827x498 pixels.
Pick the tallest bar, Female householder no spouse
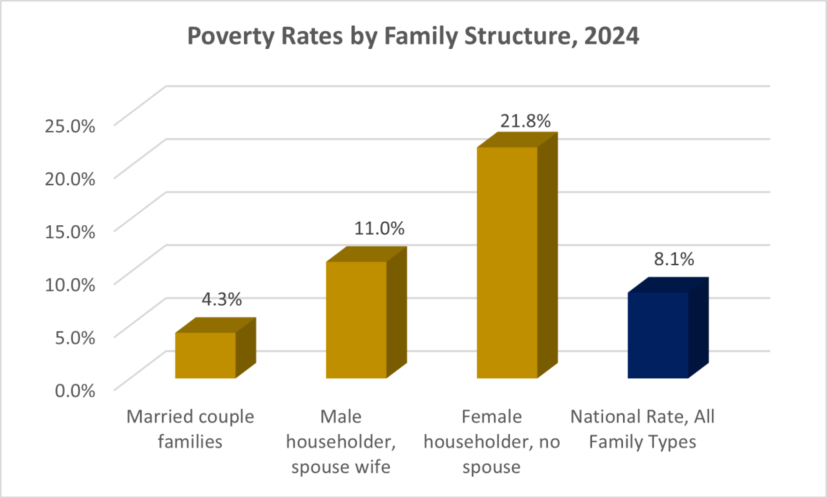pyautogui.click(x=507, y=262)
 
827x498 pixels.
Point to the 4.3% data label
pyautogui.click(x=221, y=300)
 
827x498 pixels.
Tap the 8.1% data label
pyautogui.click(x=673, y=260)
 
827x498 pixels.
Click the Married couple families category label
pyautogui.click(x=190, y=429)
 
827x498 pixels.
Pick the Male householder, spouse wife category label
pyautogui.click(x=341, y=442)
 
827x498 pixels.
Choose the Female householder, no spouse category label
pyautogui.click(x=492, y=442)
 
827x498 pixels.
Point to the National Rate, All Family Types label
pyautogui.click(x=642, y=429)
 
